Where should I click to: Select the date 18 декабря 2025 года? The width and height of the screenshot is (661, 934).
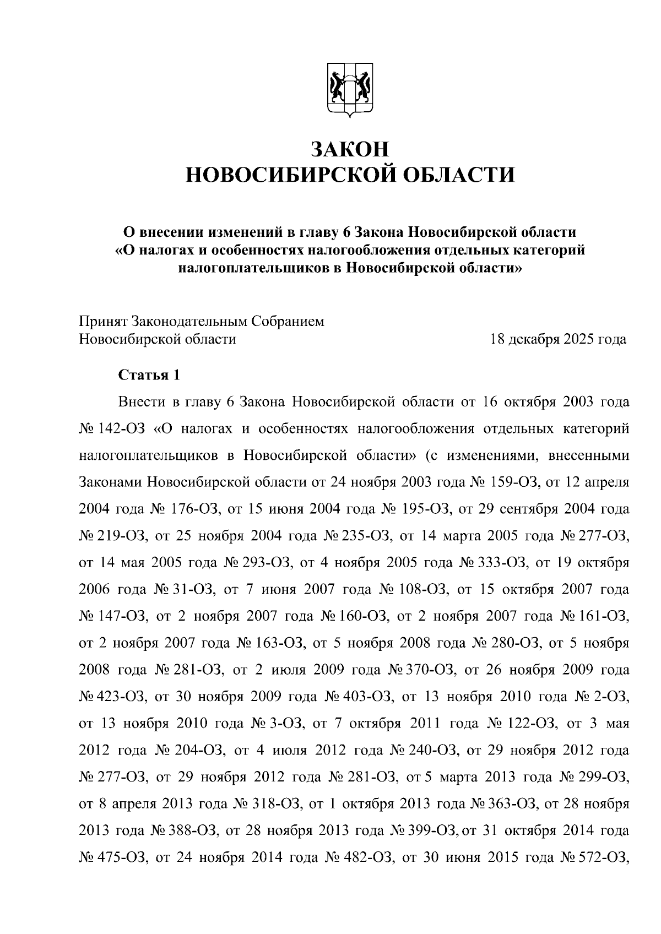pos(558,339)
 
